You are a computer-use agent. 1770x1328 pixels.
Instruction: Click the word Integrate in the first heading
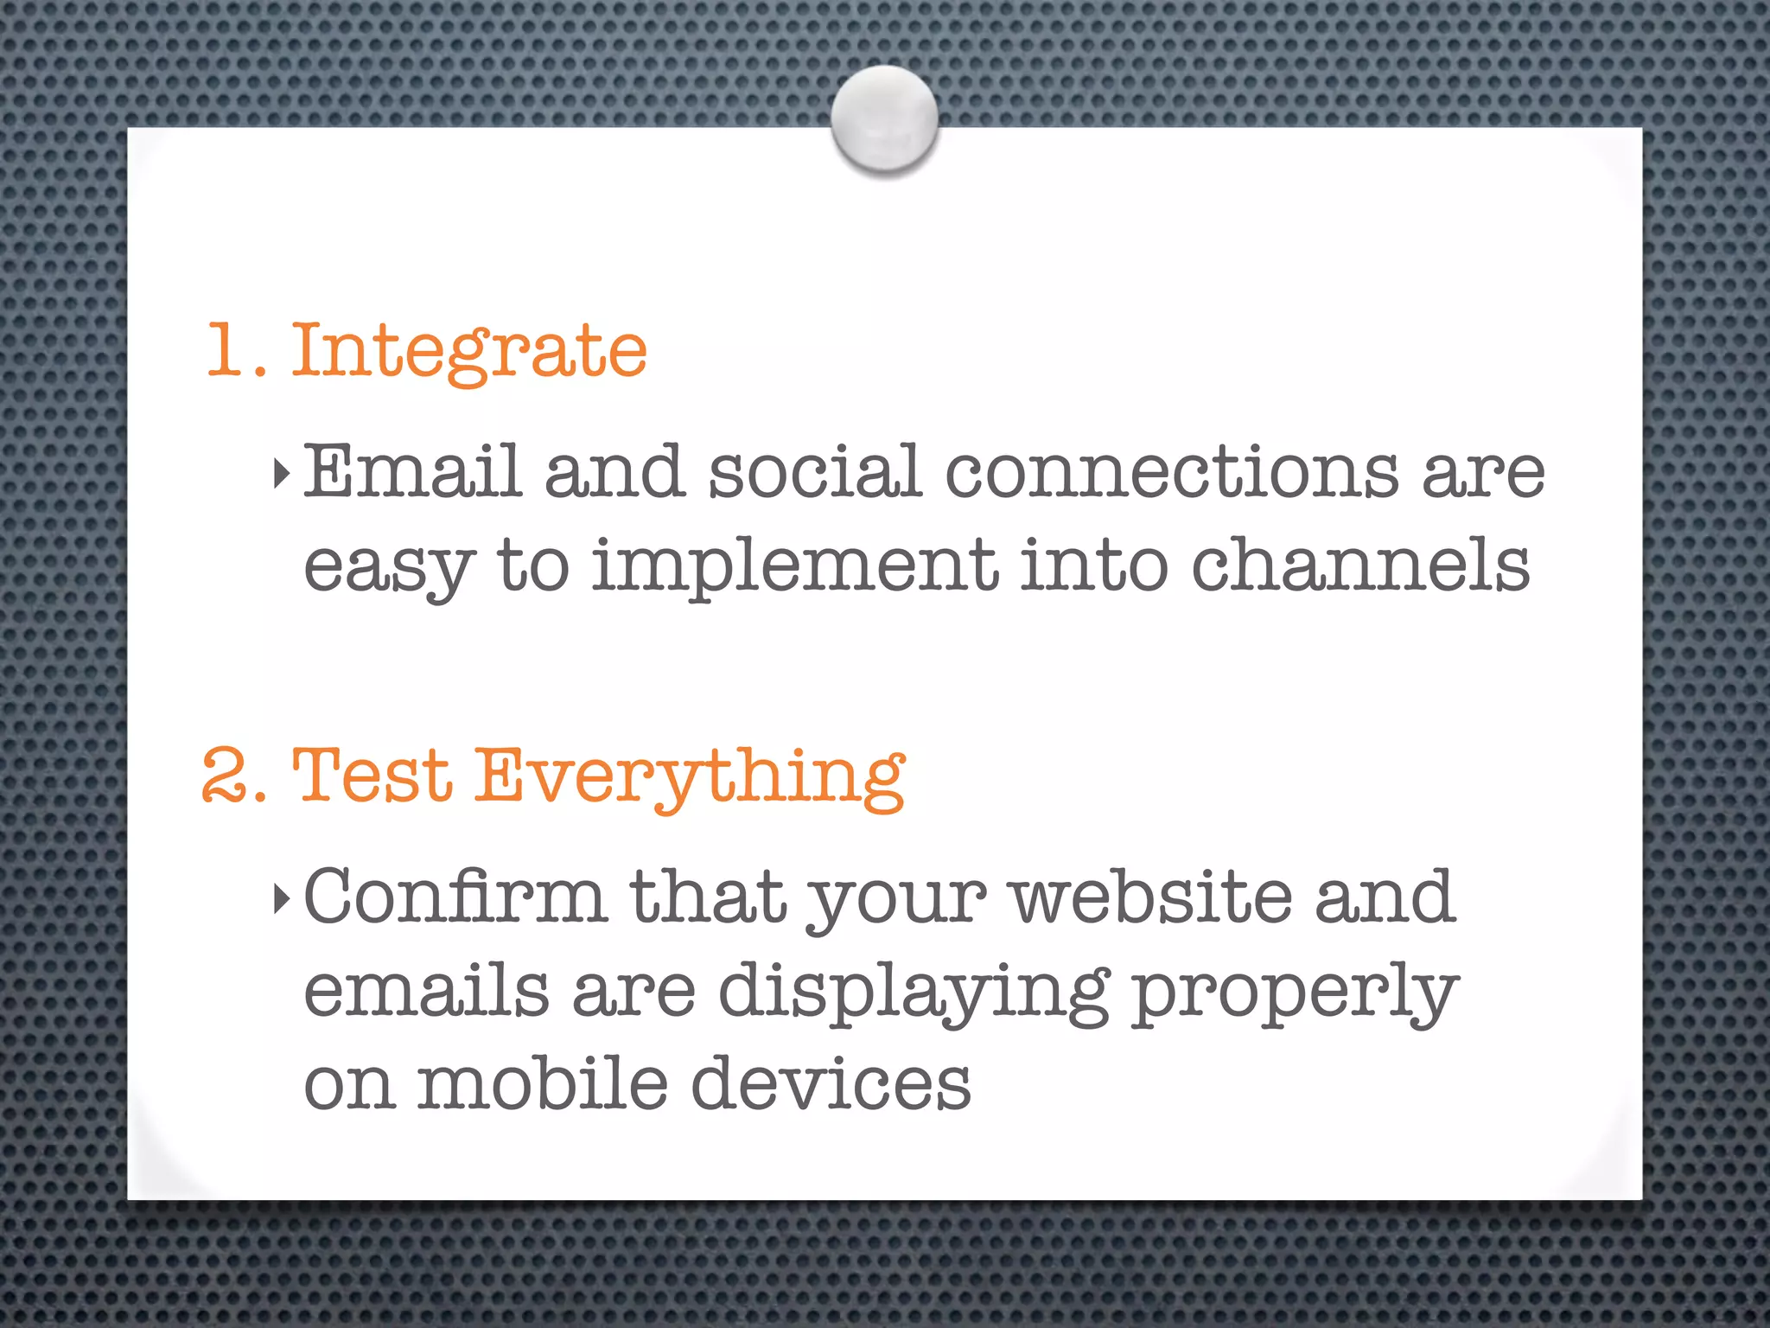[469, 350]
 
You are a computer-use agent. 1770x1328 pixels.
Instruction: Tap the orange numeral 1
[227, 350]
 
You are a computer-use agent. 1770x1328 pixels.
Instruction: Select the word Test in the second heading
[372, 776]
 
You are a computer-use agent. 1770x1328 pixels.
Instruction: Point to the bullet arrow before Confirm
[281, 899]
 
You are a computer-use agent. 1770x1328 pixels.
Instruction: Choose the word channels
[1360, 565]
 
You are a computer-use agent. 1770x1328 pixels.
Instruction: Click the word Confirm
[455, 897]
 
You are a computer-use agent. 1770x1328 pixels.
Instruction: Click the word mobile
[543, 1084]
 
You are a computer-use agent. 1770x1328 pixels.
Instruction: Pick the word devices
[831, 1084]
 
